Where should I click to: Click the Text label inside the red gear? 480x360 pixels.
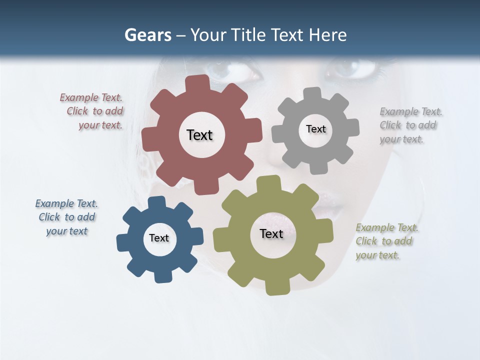click(x=199, y=135)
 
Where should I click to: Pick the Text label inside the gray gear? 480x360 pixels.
click(x=315, y=129)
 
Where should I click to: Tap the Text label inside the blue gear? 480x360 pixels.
click(x=159, y=238)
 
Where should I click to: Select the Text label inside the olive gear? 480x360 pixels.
click(x=271, y=233)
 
